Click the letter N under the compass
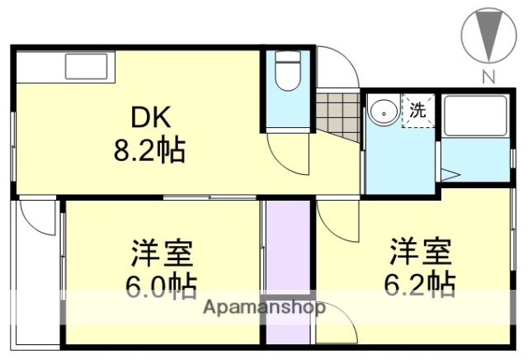click(488, 78)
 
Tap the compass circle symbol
click(488, 35)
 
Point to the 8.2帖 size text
click(149, 150)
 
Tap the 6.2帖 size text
click(420, 283)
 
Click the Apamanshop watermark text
click(264, 308)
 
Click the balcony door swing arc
click(37, 216)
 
